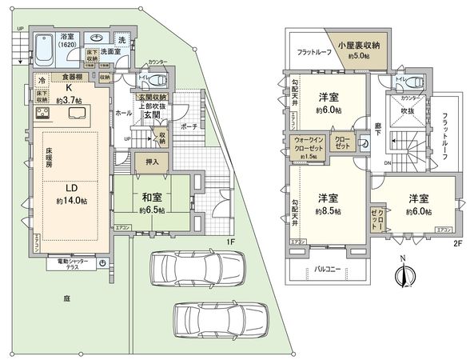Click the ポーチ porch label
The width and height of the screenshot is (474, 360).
click(x=189, y=126)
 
